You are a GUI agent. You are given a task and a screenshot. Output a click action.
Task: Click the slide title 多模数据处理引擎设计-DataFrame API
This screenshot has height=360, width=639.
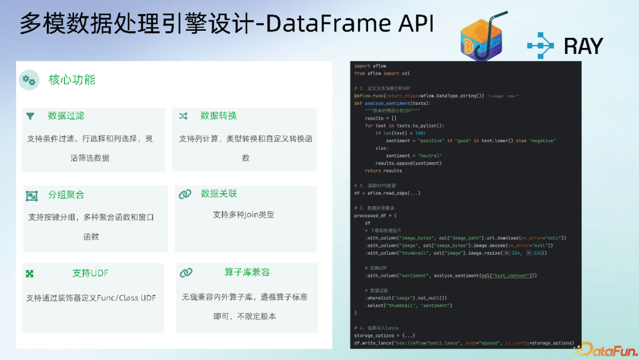tap(226, 24)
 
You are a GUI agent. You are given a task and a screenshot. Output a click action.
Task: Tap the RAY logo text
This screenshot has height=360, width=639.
tap(583, 46)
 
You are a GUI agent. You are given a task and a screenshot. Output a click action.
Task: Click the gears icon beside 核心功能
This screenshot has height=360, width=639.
tap(28, 80)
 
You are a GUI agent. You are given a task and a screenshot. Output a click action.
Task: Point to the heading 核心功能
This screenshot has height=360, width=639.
tap(72, 80)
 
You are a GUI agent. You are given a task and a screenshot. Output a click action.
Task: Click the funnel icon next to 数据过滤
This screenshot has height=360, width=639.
tap(30, 116)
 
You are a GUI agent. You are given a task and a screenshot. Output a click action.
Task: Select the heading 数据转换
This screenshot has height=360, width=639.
tap(218, 115)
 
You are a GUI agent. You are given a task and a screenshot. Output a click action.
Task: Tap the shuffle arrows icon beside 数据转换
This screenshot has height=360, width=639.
tap(183, 116)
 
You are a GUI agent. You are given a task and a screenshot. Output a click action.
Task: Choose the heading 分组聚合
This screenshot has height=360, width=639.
tap(66, 195)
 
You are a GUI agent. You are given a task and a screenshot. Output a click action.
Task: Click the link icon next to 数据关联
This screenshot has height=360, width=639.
tap(185, 194)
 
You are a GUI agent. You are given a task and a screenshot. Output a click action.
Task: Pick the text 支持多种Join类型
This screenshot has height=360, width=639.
tap(243, 215)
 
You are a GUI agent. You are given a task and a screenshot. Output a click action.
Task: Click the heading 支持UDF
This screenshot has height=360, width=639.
tap(91, 273)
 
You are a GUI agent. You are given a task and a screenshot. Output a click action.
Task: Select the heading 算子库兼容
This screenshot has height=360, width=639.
tap(247, 272)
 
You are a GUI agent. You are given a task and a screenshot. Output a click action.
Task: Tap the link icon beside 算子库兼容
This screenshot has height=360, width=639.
tap(186, 273)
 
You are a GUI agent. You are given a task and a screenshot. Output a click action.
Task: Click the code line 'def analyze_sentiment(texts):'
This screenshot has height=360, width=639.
tap(392, 103)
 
